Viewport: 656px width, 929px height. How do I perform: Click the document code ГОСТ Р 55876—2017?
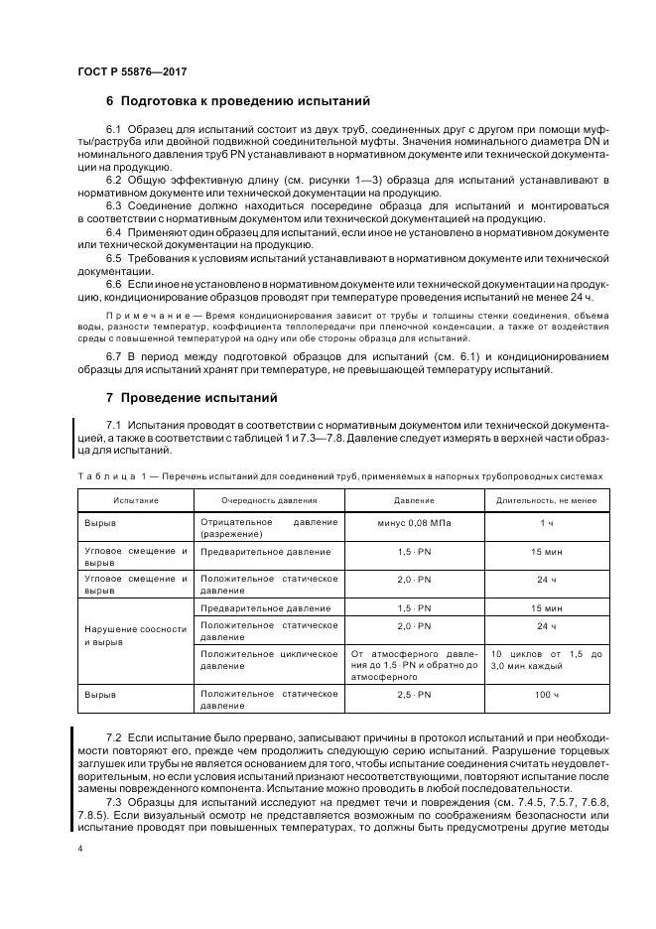coord(131,73)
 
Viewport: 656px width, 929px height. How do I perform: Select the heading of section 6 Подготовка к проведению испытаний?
coord(238,101)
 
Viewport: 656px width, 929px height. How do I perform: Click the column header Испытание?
coord(135,500)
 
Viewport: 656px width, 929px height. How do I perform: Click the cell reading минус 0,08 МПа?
coord(413,522)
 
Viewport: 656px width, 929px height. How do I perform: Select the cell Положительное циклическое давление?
coord(269,661)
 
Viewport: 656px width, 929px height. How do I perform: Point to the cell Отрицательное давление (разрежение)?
coord(269,528)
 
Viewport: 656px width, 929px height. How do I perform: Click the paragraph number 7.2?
coord(113,738)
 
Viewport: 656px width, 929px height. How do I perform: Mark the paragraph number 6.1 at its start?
coord(113,130)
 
